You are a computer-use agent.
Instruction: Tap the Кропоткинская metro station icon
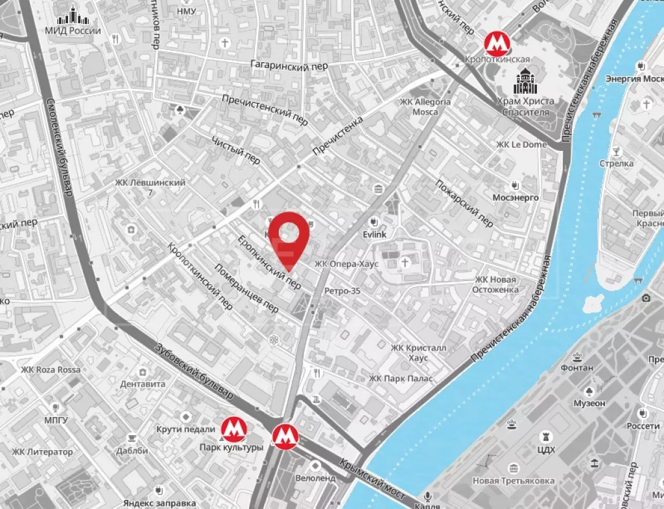497,43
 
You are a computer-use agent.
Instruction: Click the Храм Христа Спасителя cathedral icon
525,82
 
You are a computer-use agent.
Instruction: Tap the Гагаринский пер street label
289,65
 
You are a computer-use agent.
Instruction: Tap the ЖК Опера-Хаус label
346,264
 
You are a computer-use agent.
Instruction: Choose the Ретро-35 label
342,291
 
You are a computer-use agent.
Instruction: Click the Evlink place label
375,236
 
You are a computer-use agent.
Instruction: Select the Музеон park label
589,403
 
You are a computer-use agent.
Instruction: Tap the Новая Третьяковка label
513,481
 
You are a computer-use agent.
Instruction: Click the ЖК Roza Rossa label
51,370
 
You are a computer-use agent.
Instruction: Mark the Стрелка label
616,164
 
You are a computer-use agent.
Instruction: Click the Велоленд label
315,478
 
